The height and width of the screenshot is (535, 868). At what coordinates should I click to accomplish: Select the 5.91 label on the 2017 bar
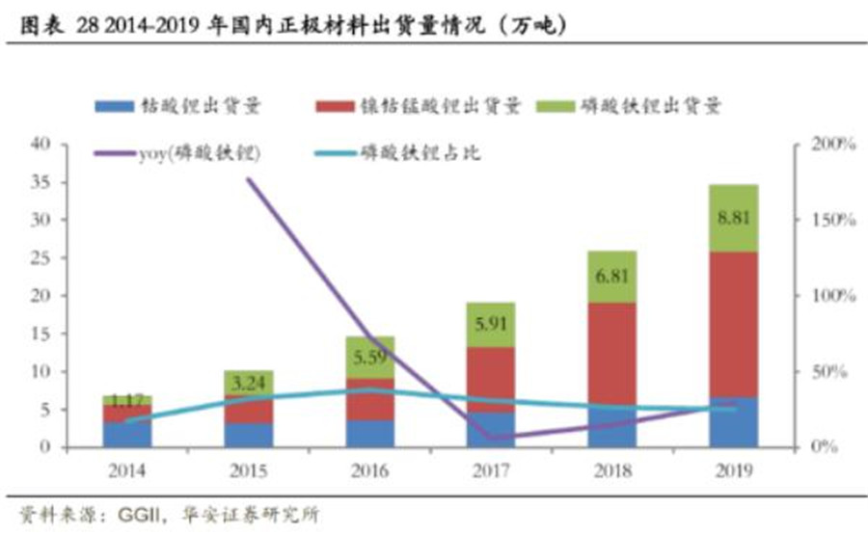tap(491, 325)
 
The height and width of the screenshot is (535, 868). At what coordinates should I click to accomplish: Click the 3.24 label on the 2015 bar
tap(249, 383)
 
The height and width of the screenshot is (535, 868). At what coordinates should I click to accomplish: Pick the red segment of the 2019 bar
tap(734, 324)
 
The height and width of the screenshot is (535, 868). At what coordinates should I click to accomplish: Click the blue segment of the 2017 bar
tap(491, 429)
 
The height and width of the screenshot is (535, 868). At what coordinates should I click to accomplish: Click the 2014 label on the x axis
tap(128, 469)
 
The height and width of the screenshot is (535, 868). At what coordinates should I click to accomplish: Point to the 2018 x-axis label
tap(612, 469)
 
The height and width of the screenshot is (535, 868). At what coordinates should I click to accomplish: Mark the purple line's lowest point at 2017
tap(491, 438)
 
